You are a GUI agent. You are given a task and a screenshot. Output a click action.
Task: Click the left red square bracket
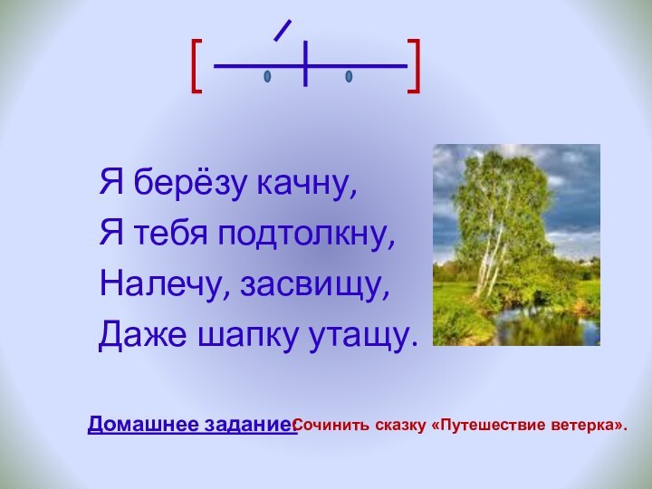click(x=197, y=66)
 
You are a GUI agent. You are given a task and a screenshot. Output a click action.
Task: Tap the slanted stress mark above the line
click(x=282, y=30)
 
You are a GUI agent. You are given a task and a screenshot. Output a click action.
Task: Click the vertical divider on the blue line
click(x=307, y=64)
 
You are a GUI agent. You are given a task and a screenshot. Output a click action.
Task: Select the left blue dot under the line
click(x=267, y=77)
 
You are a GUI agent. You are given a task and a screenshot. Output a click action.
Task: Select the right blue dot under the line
click(x=349, y=77)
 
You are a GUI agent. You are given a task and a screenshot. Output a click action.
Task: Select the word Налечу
click(x=162, y=285)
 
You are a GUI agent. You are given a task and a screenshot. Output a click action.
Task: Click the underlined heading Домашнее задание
click(x=192, y=424)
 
